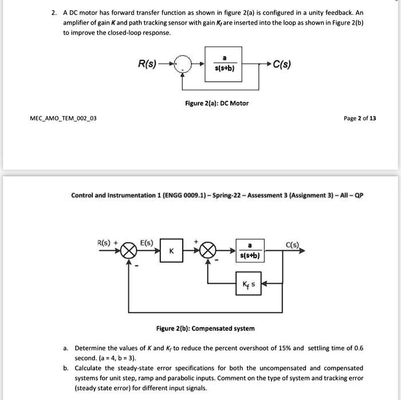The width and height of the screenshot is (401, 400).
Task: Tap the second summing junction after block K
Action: pyautogui.click(x=208, y=251)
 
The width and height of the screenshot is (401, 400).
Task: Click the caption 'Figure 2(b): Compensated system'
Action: pyautogui.click(x=205, y=328)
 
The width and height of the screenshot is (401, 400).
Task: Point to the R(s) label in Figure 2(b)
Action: pyautogui.click(x=104, y=242)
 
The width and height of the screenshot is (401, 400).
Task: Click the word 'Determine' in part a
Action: pyautogui.click(x=91, y=348)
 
